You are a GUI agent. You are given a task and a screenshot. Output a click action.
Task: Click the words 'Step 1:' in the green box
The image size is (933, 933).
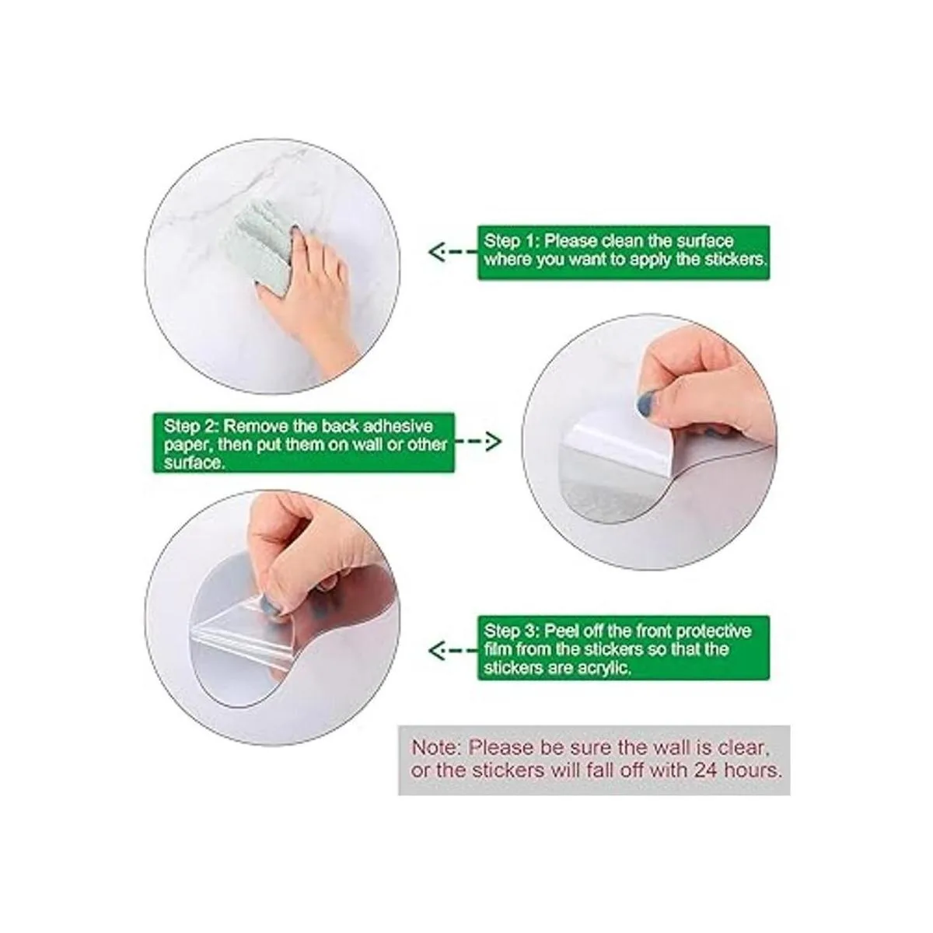click(512, 241)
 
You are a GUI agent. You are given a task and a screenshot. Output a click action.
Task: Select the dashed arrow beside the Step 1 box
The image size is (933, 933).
click(453, 252)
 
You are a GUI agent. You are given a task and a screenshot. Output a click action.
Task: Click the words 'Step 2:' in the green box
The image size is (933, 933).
click(191, 427)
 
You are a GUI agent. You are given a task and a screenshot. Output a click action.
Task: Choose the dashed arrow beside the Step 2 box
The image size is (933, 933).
click(478, 441)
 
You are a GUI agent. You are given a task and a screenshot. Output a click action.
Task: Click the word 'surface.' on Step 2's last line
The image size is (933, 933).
click(194, 463)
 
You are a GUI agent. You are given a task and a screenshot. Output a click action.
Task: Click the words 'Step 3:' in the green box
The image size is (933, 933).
click(512, 631)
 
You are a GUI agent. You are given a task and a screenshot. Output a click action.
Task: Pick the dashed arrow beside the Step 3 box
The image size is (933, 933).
click(453, 650)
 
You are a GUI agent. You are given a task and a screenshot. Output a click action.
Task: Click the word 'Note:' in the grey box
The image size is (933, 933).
click(435, 748)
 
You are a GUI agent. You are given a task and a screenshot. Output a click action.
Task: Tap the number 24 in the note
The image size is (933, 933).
click(707, 771)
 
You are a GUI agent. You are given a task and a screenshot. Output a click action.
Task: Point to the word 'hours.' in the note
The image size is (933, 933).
click(753, 771)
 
